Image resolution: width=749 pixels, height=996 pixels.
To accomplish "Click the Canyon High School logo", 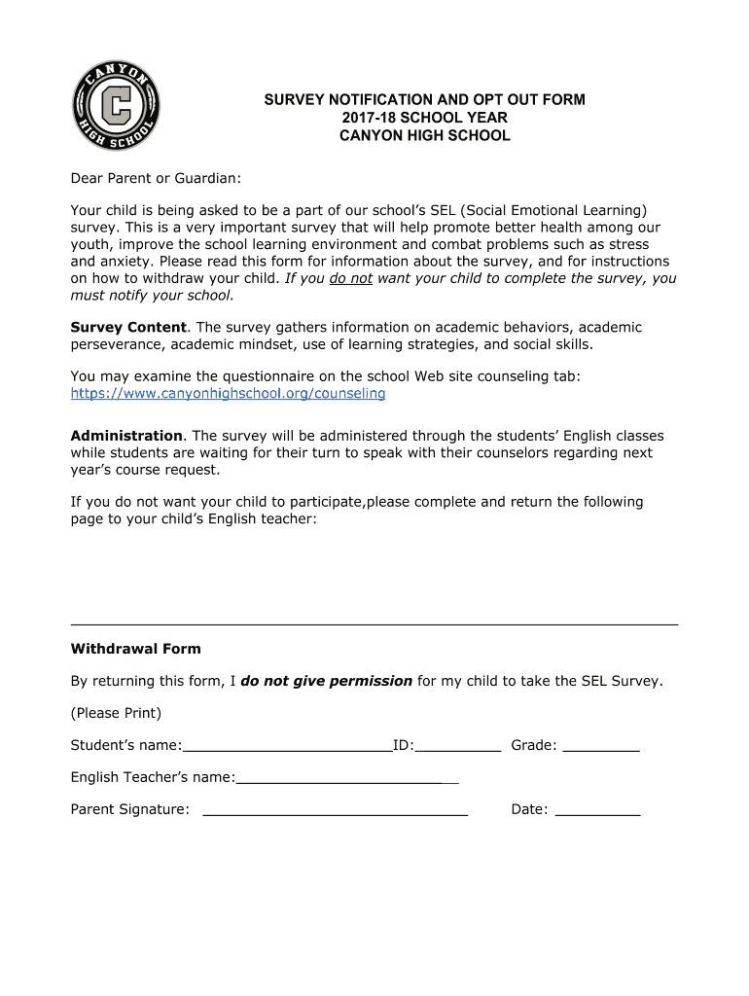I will tap(116, 104).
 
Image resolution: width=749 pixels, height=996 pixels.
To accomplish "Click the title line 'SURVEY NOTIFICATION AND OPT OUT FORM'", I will tap(424, 100).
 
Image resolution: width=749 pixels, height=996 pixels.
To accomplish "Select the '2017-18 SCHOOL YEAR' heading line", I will tap(424, 118).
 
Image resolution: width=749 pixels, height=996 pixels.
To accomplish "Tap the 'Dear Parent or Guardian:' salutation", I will tap(156, 179).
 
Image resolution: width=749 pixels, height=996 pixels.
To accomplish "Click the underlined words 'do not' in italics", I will tap(351, 278).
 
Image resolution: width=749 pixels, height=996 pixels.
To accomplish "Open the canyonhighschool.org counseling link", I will tap(228, 394).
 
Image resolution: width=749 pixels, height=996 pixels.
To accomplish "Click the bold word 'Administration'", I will tap(126, 436).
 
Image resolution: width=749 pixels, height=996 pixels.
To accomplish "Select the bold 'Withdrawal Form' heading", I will tap(135, 649).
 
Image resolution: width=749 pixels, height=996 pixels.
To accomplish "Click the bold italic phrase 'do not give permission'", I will tap(326, 681).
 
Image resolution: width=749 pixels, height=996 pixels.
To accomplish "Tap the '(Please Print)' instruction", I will tap(116, 713).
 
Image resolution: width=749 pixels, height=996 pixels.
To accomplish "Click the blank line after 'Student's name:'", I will tap(287, 748).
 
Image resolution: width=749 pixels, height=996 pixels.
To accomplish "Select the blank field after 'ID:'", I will tap(458, 748).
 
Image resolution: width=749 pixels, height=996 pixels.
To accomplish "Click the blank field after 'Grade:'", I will tap(601, 748).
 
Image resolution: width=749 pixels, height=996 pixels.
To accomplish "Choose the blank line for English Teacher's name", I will tap(347, 780).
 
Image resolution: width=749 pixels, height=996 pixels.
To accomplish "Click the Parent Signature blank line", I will tap(335, 812).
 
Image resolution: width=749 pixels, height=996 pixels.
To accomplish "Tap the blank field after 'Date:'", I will tap(597, 812).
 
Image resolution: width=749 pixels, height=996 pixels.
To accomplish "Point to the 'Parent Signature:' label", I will tap(129, 809).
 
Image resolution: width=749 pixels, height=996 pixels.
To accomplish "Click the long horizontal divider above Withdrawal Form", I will tap(374, 623).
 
